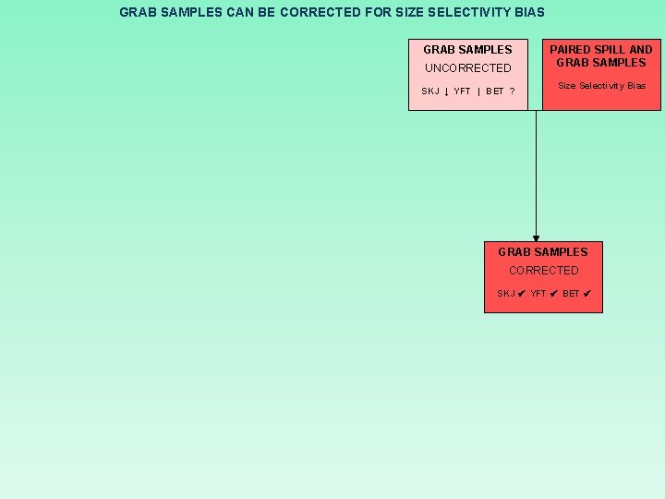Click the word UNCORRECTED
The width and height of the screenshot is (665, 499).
point(467,68)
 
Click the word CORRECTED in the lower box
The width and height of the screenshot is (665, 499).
point(543,271)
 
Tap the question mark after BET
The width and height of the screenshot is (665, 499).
point(512,91)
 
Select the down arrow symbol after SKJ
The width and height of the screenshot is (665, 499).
point(447,91)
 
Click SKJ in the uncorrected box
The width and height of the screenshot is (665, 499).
point(430,91)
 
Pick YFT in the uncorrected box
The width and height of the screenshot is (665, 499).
point(462,91)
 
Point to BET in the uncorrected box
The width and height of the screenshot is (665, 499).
point(495,91)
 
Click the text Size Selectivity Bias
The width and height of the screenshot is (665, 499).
point(601,86)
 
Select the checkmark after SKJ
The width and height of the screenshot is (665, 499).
point(521,294)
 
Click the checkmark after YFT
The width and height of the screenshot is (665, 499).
point(553,294)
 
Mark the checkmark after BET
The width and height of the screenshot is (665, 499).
point(586,294)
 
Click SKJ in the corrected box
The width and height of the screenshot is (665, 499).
point(506,294)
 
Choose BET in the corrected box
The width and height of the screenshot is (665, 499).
point(571,294)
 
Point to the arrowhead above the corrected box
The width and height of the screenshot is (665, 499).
point(536,238)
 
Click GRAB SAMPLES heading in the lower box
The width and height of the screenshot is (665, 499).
point(543,252)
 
